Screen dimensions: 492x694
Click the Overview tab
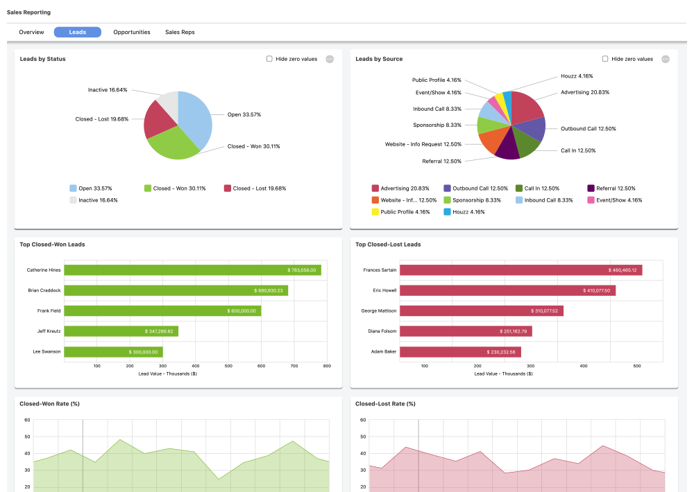[x=31, y=32]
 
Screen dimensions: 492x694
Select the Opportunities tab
[x=132, y=32]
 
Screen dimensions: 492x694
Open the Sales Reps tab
[x=180, y=32]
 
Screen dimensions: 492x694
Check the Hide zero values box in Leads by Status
[x=269, y=59]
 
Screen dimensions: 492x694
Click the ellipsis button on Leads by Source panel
[x=666, y=59]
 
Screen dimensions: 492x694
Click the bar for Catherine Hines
[x=192, y=270]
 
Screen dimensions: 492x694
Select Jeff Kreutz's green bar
[x=121, y=331]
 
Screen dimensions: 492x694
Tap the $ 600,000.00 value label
[x=242, y=311]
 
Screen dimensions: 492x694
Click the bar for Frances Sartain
[x=520, y=270]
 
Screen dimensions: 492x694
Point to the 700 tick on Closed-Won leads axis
[x=294, y=366]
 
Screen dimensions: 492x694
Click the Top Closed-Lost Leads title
[x=388, y=244]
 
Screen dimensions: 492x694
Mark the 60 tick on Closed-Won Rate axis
[x=26, y=420]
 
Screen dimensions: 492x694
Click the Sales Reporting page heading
[x=28, y=12]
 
